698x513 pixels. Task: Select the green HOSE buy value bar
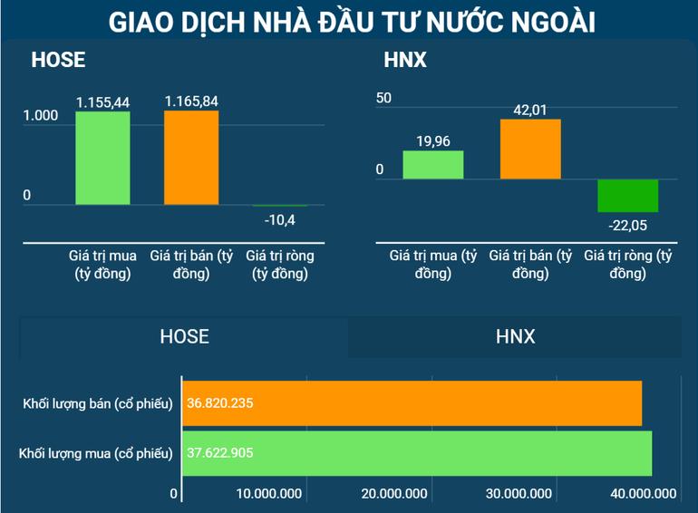point(102,158)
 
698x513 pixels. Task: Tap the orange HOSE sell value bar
point(191,157)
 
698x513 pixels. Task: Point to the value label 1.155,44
point(102,102)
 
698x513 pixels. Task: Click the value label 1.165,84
point(191,102)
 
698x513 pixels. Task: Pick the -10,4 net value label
point(280,218)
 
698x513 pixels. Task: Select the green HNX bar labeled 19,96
point(433,164)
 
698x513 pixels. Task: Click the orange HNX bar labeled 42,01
point(530,149)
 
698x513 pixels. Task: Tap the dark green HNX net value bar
point(627,195)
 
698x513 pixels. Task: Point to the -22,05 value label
point(627,225)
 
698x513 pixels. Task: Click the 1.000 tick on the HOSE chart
point(40,116)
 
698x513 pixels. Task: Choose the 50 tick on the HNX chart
point(383,98)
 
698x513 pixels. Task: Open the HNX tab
point(515,337)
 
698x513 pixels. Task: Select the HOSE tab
point(184,337)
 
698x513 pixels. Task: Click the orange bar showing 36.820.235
point(412,403)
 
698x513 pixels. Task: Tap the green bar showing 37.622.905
point(417,453)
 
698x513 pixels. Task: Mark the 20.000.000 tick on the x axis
point(395,494)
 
